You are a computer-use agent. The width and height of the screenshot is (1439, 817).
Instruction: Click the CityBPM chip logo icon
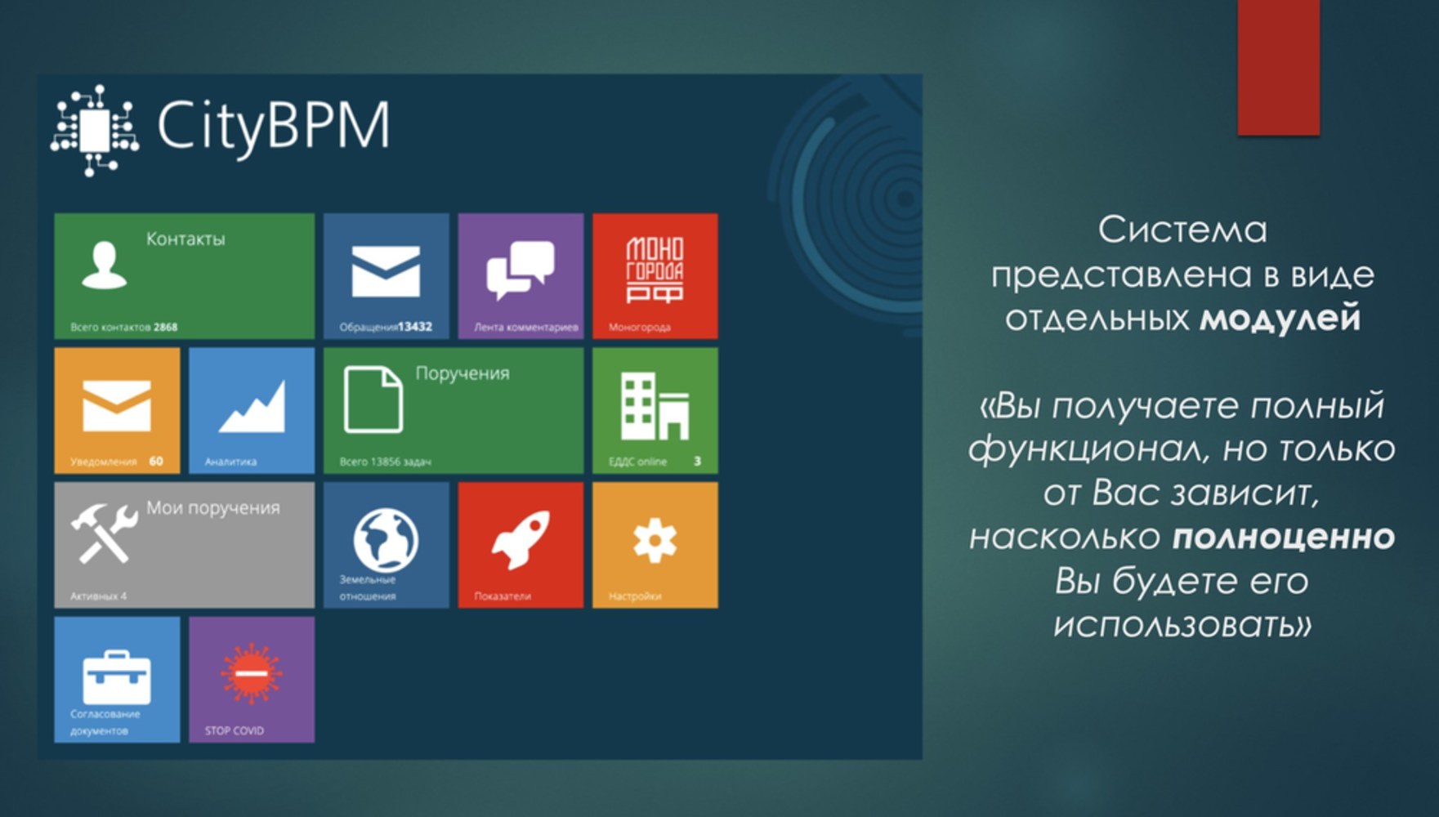(x=95, y=130)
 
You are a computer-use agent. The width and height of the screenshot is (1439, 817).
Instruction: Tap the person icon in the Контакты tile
(x=105, y=266)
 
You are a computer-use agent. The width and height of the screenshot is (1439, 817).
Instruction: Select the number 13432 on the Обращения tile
(x=415, y=327)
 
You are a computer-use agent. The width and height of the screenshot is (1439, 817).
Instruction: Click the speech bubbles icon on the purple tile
(x=521, y=270)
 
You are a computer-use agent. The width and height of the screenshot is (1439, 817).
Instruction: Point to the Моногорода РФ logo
(x=655, y=270)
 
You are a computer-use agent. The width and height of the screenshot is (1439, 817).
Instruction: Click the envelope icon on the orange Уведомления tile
(x=117, y=405)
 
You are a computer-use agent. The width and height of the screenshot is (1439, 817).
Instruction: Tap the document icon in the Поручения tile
(x=373, y=400)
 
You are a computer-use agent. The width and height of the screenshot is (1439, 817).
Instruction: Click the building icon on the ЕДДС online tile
(x=655, y=406)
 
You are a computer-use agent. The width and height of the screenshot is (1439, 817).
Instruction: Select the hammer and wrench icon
(x=104, y=533)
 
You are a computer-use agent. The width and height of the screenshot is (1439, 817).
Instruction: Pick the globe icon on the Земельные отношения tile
(x=386, y=540)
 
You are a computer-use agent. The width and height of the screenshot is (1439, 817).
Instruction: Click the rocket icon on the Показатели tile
(x=521, y=539)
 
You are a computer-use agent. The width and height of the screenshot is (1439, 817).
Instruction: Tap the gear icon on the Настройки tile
(x=655, y=541)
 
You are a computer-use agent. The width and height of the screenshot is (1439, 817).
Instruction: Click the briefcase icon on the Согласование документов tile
(x=117, y=677)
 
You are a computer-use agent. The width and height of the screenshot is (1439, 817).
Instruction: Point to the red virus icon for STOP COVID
(x=252, y=673)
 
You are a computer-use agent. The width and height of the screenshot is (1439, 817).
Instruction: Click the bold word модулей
(x=1280, y=319)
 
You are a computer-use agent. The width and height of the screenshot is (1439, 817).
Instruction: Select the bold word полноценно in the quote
(x=1284, y=537)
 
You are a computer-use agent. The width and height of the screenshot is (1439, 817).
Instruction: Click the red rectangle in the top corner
(x=1279, y=67)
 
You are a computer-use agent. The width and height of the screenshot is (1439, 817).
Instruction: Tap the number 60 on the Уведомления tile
(x=156, y=462)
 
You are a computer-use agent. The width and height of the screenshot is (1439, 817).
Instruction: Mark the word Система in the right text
(x=1182, y=230)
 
